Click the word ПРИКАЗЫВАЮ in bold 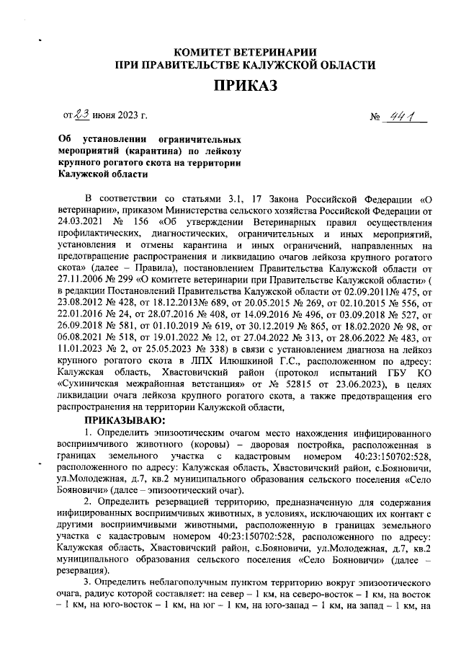126,420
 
